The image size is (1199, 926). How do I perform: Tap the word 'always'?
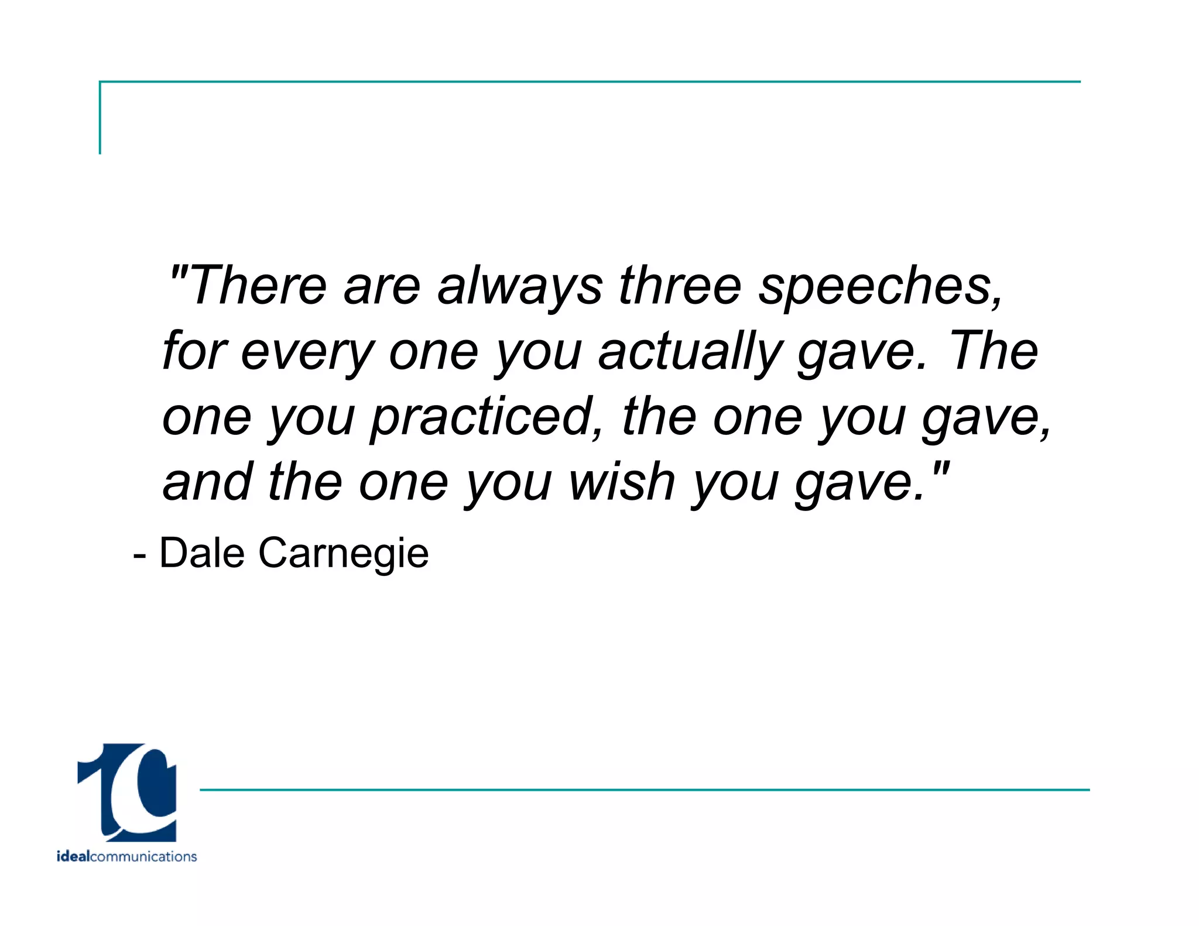coord(520,287)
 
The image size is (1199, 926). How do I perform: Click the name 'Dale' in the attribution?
coord(202,553)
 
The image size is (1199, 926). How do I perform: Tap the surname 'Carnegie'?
coord(344,554)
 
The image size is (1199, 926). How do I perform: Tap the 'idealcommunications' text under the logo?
coord(126,856)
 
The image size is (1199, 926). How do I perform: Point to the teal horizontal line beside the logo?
coord(644,790)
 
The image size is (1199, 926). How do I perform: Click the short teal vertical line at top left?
coord(100,117)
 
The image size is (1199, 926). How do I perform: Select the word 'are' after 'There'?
coord(382,287)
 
